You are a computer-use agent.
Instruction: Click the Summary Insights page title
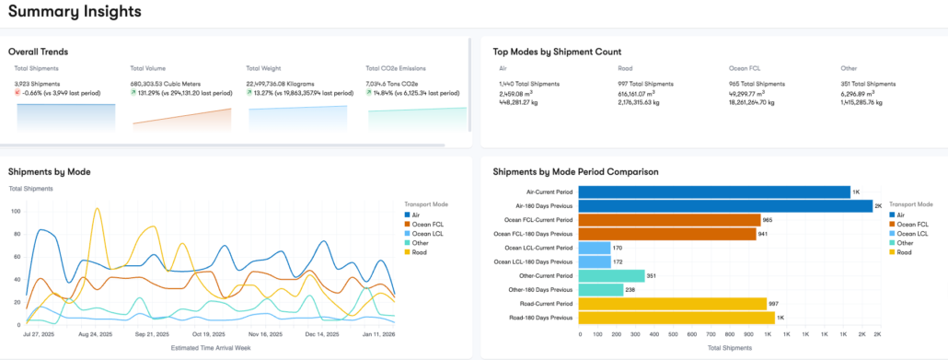75,12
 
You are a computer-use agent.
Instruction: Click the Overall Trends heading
39,52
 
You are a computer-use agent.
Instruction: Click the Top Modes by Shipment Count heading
557,52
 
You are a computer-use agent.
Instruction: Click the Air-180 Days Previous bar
725,206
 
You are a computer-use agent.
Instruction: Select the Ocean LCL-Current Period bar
595,248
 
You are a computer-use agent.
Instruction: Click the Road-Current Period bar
673,303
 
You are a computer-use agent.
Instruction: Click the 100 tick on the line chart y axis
16,211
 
